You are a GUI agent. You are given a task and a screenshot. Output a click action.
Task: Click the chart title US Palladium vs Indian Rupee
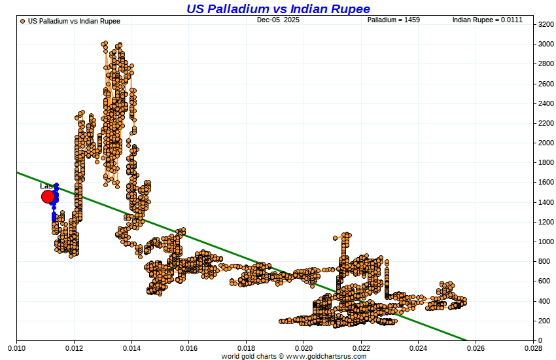pyautogui.click(x=278, y=9)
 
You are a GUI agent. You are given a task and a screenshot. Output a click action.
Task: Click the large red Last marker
pyautogui.click(x=48, y=196)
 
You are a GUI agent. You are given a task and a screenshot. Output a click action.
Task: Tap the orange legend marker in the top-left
pyautogui.click(x=23, y=21)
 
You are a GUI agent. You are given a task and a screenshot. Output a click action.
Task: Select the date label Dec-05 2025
pyautogui.click(x=277, y=20)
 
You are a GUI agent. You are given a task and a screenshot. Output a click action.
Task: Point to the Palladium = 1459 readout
pyautogui.click(x=393, y=20)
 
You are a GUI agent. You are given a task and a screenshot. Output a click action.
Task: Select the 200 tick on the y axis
pyautogui.click(x=544, y=321)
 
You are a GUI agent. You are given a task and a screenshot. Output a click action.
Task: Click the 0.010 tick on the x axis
pyautogui.click(x=16, y=349)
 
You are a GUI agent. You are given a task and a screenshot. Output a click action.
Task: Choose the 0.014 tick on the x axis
pyautogui.click(x=131, y=349)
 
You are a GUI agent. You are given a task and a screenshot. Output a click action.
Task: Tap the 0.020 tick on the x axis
pyautogui.click(x=304, y=349)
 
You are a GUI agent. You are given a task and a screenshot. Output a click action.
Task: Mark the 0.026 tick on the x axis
pyautogui.click(x=476, y=349)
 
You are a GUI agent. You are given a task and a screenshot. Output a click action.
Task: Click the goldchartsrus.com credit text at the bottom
pyautogui.click(x=294, y=356)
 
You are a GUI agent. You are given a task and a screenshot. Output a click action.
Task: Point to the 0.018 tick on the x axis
pyautogui.click(x=246, y=349)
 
